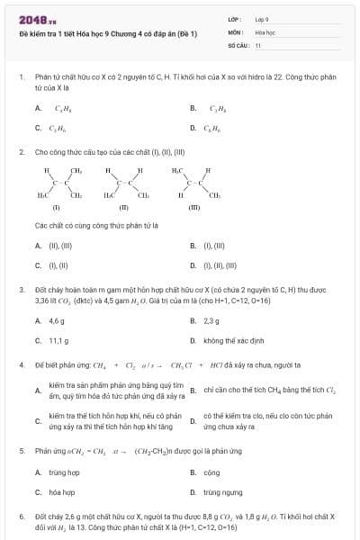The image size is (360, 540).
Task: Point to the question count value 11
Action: pos(258,43)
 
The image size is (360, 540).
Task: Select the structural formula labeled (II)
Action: pos(123,187)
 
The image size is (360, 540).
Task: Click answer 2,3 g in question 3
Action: pos(211,321)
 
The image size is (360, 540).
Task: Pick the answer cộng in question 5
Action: pos(211,472)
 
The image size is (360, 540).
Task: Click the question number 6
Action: pos(22,520)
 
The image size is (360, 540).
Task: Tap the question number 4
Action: pos(22,365)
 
